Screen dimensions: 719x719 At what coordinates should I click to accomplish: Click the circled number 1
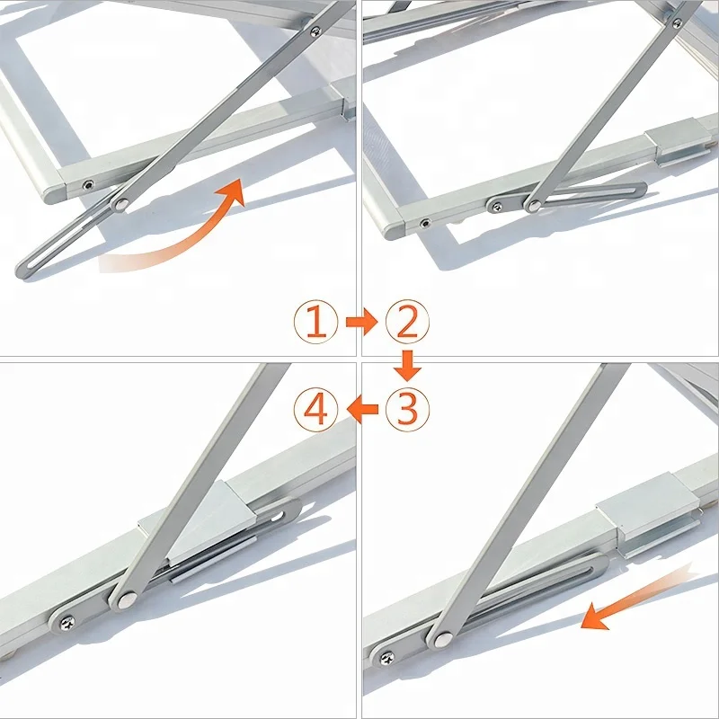tap(315, 322)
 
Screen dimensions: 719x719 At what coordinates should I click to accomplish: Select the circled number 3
tap(407, 410)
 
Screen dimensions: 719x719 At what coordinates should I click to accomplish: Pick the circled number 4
tap(315, 411)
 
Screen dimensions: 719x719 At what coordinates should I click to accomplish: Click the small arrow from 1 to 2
tap(361, 322)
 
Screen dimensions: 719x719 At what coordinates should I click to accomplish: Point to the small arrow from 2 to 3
tap(408, 365)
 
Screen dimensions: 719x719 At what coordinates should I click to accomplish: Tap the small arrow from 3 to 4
tap(361, 411)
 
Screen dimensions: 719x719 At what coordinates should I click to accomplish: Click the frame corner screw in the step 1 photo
tap(88, 185)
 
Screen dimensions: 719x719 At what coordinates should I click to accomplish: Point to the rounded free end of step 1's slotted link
tap(22, 268)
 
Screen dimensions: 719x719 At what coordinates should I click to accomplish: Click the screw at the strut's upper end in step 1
tap(314, 32)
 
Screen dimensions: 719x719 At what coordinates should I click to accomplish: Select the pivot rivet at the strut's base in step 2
tap(533, 206)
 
